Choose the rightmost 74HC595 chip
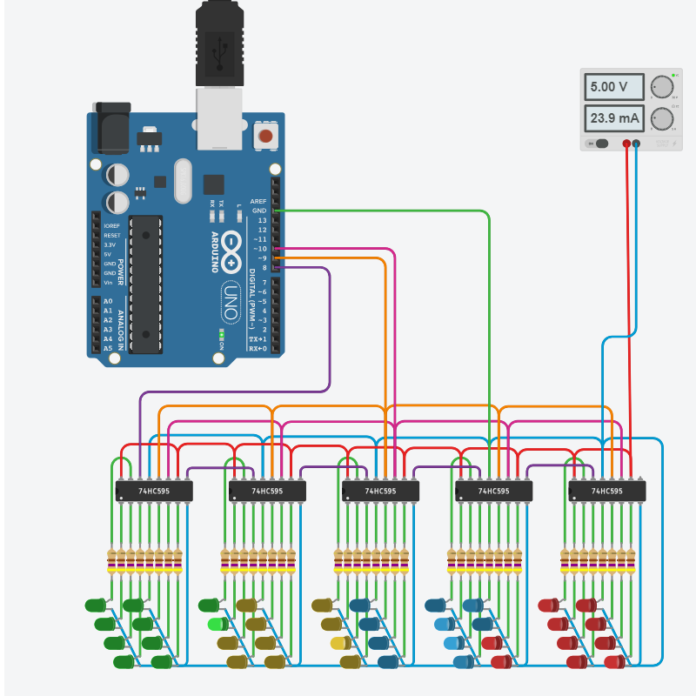[x=606, y=492]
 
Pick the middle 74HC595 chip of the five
[x=380, y=492]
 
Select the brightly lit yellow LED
[x=340, y=644]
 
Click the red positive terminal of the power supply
[x=626, y=143]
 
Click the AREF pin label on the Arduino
[x=258, y=201]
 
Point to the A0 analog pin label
[x=108, y=301]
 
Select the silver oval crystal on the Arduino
[x=182, y=181]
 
